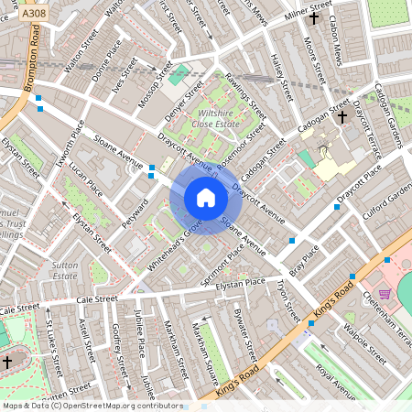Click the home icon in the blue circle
point(206,198)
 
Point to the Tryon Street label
point(287,301)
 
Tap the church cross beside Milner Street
point(314,17)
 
